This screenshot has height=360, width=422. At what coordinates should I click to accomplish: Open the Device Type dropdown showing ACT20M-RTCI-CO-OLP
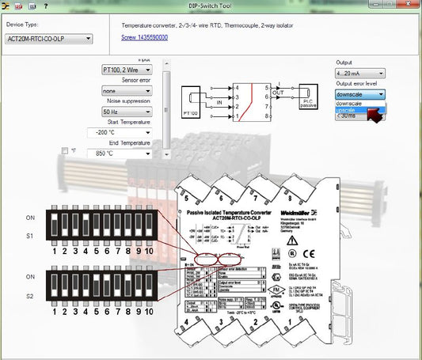[x=48, y=38]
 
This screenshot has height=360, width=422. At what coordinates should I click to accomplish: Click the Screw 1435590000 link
[x=144, y=37]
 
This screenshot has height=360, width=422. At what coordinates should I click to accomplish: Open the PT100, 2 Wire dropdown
[x=129, y=70]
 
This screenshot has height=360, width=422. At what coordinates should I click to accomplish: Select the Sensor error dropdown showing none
[x=129, y=91]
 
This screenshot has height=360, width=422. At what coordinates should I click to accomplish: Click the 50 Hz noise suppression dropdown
[x=129, y=113]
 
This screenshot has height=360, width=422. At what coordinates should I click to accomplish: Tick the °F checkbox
[x=65, y=150]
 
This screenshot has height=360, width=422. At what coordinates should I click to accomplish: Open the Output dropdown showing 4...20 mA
[x=360, y=73]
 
